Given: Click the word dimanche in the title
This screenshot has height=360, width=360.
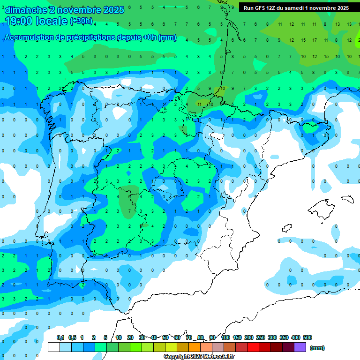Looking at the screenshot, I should click(25, 10).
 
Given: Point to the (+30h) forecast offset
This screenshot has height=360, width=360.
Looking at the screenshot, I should click(81, 21).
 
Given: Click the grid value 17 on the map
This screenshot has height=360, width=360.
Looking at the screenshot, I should click(314, 40).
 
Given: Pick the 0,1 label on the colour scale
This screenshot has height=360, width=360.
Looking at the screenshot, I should click(60, 337).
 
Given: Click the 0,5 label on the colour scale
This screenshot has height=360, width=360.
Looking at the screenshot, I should click(72, 337).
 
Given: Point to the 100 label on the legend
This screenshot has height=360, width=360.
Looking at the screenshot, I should click(225, 337).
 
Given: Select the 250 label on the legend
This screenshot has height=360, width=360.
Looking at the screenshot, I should click(261, 337).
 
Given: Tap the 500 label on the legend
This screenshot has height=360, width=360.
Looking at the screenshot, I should click(307, 337).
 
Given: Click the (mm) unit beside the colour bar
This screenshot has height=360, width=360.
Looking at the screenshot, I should click(317, 348).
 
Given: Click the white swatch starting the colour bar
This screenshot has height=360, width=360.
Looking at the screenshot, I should click(54, 347).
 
